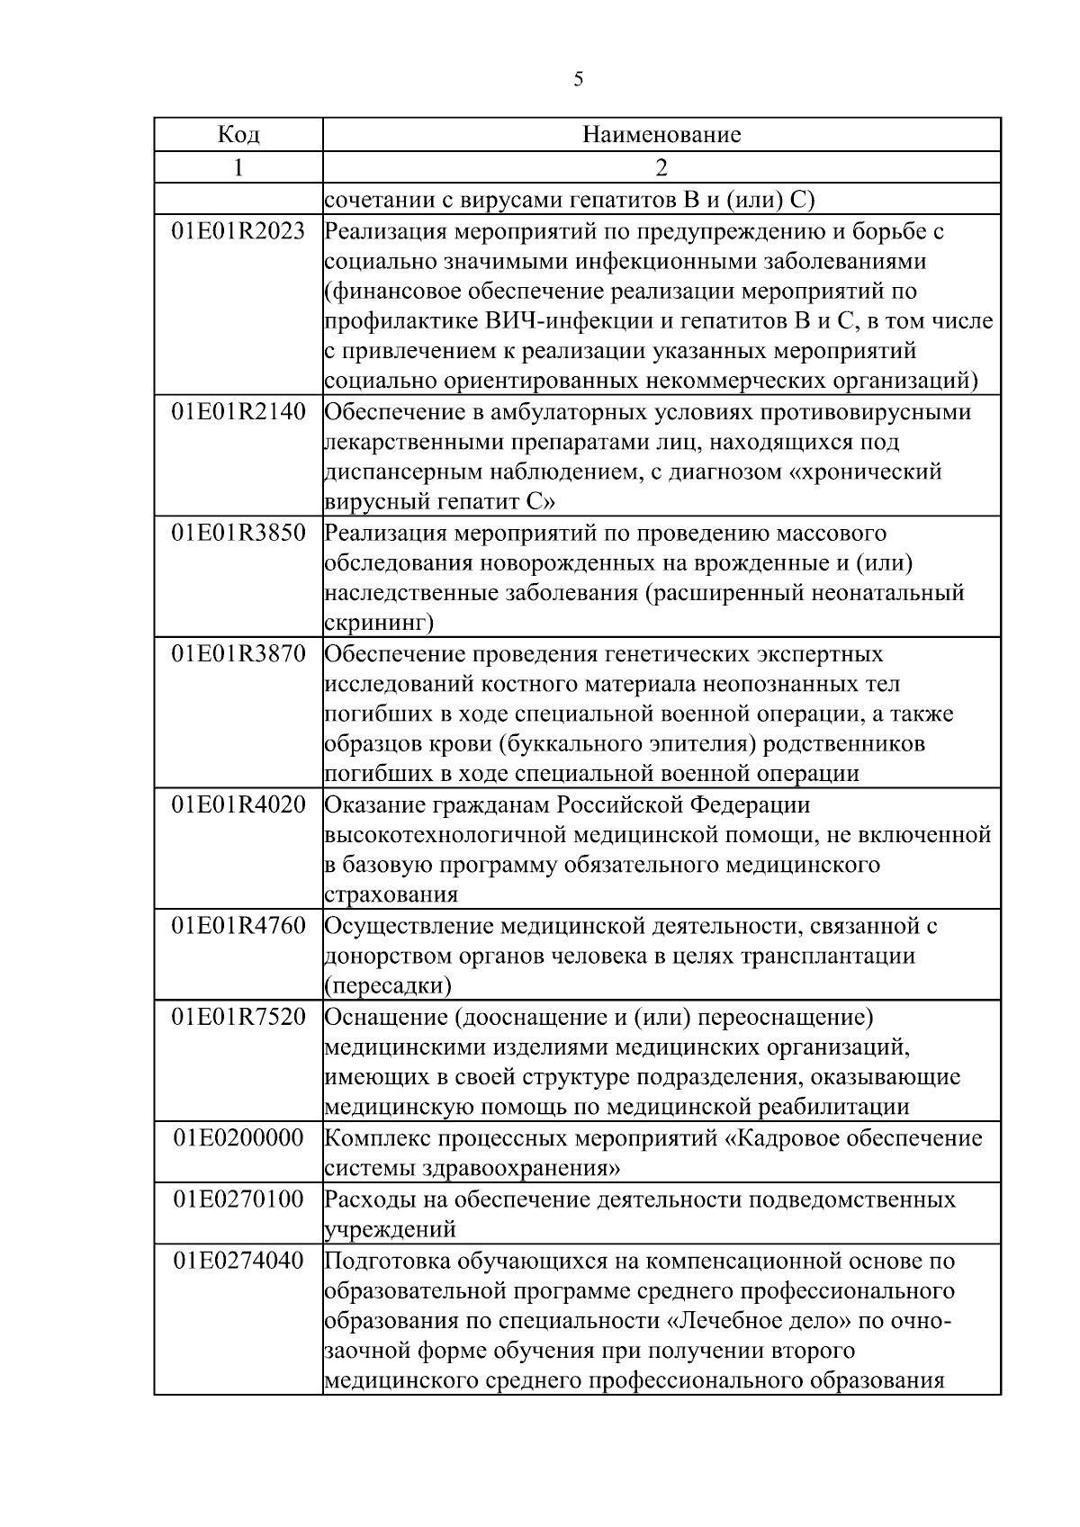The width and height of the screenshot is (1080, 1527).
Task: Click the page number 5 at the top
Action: [578, 79]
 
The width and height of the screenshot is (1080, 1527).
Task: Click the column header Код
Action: [238, 135]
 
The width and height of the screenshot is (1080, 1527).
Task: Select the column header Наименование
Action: [661, 135]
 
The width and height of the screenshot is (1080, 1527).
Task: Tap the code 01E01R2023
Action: [238, 231]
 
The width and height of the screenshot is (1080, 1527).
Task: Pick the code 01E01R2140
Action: [238, 412]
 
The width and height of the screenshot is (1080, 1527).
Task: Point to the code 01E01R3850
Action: [238, 533]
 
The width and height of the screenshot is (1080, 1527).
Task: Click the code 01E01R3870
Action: [238, 653]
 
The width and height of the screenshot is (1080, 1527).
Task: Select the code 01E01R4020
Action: [238, 804]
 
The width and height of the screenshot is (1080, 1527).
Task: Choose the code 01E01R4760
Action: [238, 925]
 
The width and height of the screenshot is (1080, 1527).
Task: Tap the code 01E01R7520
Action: [238, 1017]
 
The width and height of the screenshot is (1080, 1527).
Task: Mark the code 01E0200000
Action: [238, 1138]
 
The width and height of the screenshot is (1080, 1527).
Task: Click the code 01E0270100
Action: [238, 1199]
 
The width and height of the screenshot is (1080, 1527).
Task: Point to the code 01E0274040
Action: [238, 1261]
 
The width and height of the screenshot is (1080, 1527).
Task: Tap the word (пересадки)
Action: [388, 985]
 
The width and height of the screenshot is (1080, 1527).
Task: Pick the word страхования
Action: [391, 894]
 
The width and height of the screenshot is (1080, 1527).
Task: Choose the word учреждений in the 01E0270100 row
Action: [390, 1229]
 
